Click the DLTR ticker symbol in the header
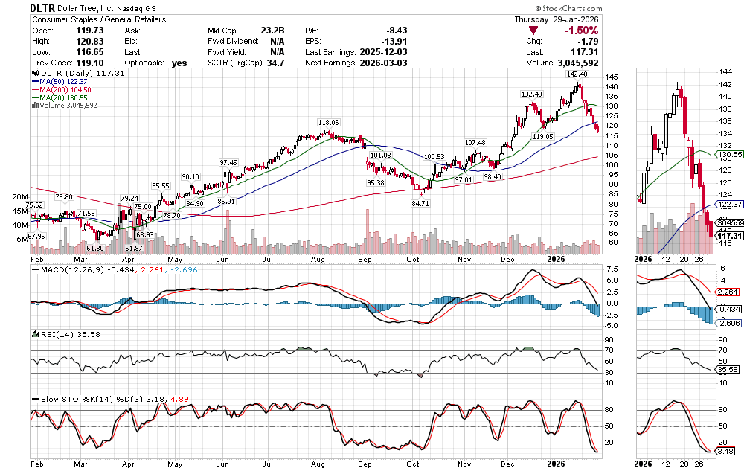click(x=44, y=7)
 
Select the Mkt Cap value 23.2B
click(x=273, y=31)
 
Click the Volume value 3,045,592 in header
click(x=574, y=63)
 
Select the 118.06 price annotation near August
click(x=328, y=122)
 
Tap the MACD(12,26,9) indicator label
click(x=64, y=269)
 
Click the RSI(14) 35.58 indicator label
click(x=58, y=334)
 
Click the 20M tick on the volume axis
click(x=19, y=197)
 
